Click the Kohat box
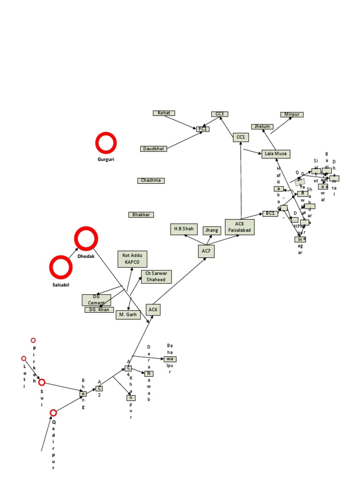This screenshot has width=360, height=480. pos(164,113)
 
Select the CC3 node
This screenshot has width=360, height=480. pos(219,114)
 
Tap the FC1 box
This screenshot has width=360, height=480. pos(203,129)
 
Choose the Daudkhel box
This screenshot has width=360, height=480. pos(153,149)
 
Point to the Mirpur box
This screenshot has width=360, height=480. pos(292,114)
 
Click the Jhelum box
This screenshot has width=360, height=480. pos(262,127)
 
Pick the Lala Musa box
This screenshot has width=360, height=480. pos(276,154)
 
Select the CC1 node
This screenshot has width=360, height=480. pos(240,137)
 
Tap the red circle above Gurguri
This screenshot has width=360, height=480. pos(106,143)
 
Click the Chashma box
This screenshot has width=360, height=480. pos(151,180)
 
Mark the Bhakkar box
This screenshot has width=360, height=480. pos(141,215)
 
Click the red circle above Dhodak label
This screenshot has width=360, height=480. pos(86,239)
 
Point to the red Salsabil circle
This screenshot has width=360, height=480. pos(61,267)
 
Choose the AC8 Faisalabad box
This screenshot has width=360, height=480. pos(240,227)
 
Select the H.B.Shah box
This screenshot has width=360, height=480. pos(184,229)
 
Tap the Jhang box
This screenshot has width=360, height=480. pos(212,231)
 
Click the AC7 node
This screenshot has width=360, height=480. pos(206,251)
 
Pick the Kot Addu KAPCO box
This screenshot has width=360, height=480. pos(132,259)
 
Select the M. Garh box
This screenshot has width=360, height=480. pos(128,315)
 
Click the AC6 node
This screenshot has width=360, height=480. pos(153,309)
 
